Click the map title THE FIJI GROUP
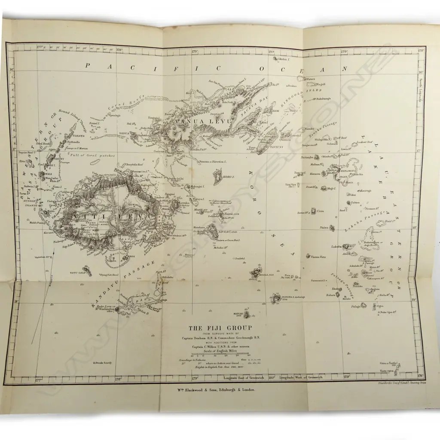click(220, 328)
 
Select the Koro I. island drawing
click(218, 176)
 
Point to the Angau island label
click(226, 232)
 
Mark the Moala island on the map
click(257, 272)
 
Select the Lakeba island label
click(336, 247)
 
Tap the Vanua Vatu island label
click(318, 257)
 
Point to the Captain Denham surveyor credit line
click(220, 338)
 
